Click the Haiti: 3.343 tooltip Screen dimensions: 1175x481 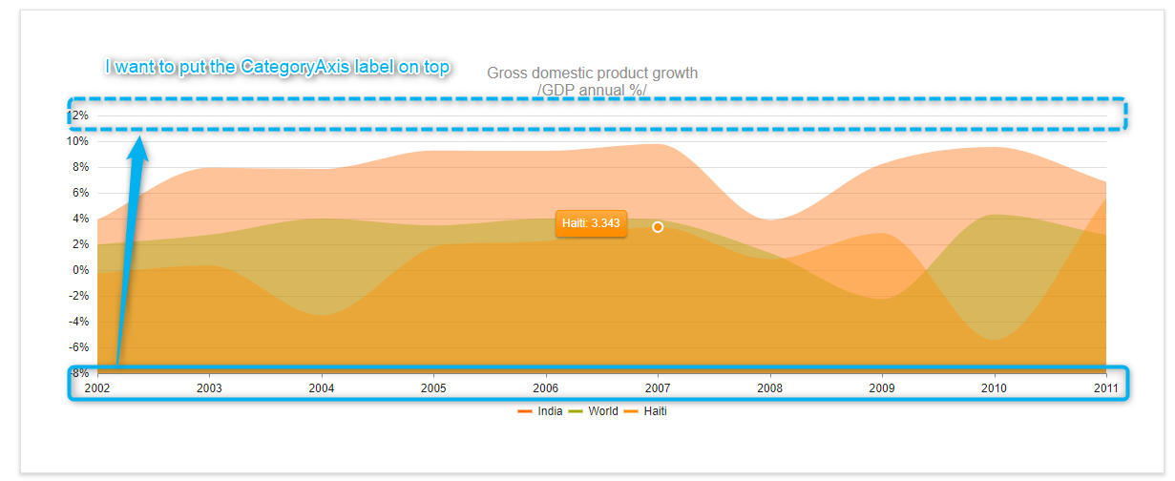coord(591,223)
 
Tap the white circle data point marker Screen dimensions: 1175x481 coord(658,227)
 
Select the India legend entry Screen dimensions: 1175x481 coord(539,411)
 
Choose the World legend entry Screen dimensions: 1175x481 coord(594,411)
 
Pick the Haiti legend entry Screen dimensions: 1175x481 coord(645,411)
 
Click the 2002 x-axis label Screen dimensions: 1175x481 coord(97,388)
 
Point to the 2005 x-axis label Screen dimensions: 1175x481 coord(433,388)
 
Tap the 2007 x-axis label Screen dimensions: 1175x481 coord(658,388)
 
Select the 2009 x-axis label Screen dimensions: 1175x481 coord(882,388)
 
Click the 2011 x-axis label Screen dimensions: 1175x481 coord(1105,388)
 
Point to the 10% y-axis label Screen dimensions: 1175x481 coord(77,141)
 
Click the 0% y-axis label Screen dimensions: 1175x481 coord(81,270)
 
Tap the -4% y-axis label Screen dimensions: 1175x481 coord(78,322)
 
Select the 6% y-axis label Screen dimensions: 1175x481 coord(81,193)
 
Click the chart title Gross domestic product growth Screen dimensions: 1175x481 coord(592,73)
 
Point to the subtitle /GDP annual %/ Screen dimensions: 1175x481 coord(592,91)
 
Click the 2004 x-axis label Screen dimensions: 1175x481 coord(322,388)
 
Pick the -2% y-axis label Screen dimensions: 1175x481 coord(78,296)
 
